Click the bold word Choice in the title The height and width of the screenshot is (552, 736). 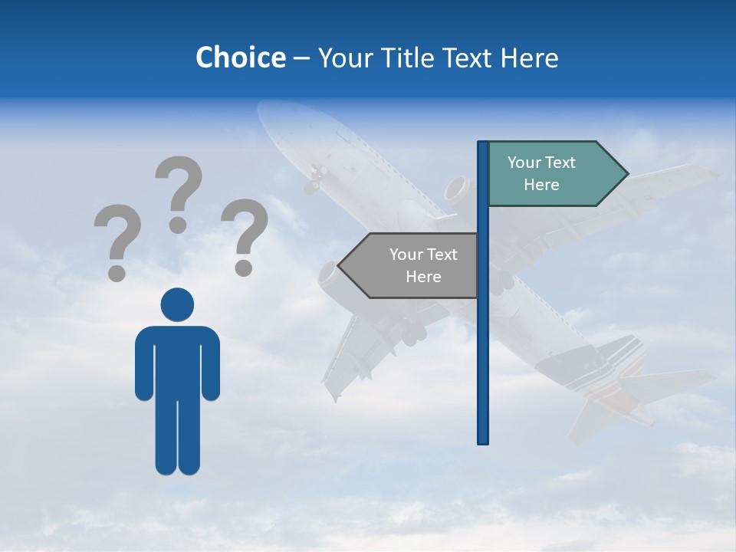240,58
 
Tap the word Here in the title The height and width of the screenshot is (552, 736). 529,58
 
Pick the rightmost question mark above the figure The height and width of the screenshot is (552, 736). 244,236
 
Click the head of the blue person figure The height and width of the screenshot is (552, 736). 177,304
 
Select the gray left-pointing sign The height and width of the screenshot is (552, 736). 414,265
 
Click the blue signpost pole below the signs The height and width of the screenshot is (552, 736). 483,368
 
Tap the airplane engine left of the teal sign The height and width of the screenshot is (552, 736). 458,190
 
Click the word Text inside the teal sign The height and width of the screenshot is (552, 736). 559,163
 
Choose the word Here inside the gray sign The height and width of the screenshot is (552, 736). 423,277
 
